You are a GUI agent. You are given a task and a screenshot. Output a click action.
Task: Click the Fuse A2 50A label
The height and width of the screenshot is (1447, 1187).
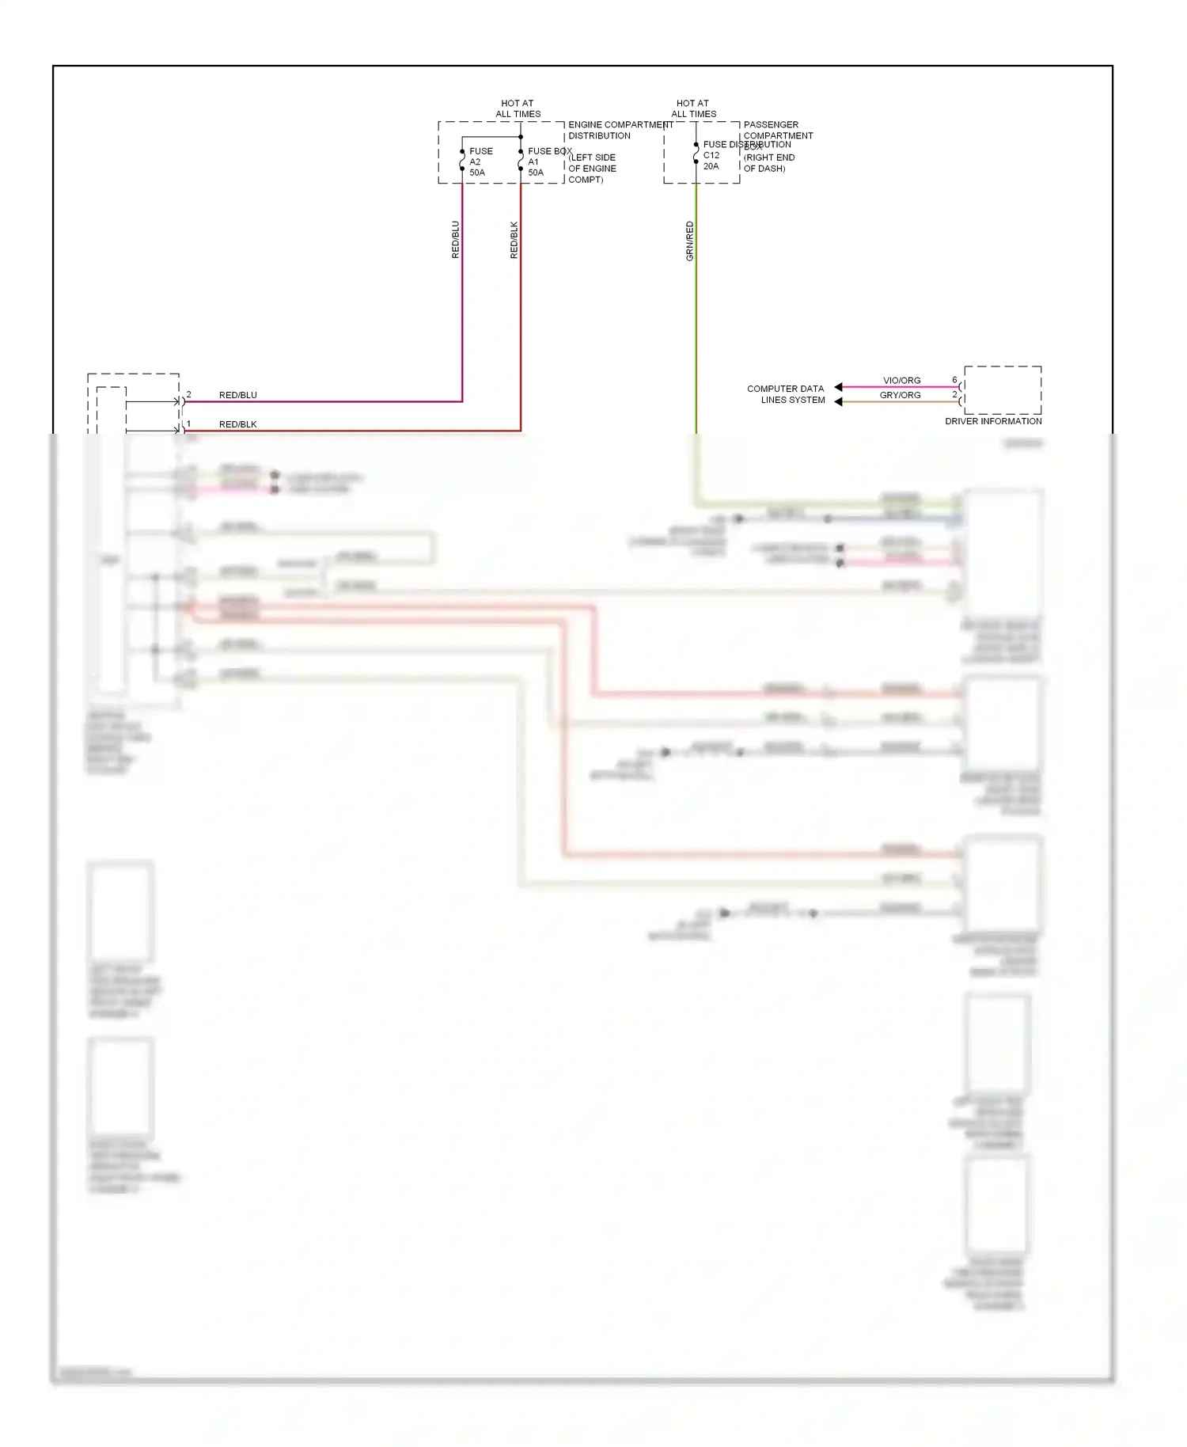480,161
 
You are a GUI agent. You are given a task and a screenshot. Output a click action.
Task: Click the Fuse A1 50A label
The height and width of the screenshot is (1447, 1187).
538,161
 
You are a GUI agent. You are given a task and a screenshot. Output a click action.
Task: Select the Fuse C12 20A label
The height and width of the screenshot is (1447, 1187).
711,155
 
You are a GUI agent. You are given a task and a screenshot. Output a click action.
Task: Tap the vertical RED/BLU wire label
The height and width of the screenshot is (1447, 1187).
455,239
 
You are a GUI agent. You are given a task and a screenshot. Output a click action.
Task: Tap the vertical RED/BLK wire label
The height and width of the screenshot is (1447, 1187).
514,239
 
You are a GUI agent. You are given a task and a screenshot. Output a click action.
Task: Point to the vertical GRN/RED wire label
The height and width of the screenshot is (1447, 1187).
689,241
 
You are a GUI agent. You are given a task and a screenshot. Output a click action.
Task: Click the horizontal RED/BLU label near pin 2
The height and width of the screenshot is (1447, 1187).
237,395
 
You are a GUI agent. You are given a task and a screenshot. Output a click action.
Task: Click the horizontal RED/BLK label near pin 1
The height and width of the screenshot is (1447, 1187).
237,424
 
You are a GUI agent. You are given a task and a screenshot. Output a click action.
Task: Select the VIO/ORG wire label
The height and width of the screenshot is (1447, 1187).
901,381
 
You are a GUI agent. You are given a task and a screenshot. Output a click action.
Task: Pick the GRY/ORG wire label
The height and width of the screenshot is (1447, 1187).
900,395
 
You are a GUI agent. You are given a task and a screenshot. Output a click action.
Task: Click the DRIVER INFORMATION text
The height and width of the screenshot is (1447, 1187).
992,421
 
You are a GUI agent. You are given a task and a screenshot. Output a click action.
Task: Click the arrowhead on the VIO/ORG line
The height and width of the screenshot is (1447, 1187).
838,387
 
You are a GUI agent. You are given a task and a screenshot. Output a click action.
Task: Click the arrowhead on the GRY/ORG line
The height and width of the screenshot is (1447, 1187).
838,402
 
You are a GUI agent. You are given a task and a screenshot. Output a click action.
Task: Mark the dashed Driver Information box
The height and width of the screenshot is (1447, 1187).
1003,389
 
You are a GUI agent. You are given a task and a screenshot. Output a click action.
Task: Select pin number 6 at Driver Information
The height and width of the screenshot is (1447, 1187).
954,380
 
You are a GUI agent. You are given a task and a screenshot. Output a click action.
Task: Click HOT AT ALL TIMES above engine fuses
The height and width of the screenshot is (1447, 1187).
518,108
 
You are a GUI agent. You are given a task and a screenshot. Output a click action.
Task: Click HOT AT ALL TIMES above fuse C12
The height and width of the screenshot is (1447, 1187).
693,108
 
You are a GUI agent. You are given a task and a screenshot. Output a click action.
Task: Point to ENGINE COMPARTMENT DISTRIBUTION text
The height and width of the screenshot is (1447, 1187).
620,130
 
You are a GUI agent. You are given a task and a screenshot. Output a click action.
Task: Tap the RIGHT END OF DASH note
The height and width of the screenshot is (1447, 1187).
768,163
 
